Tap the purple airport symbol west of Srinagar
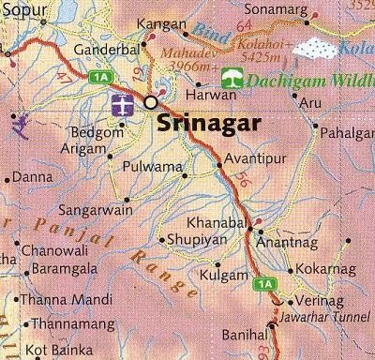click(x=122, y=104)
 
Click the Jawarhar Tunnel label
click(x=323, y=317)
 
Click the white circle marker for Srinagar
click(x=150, y=102)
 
